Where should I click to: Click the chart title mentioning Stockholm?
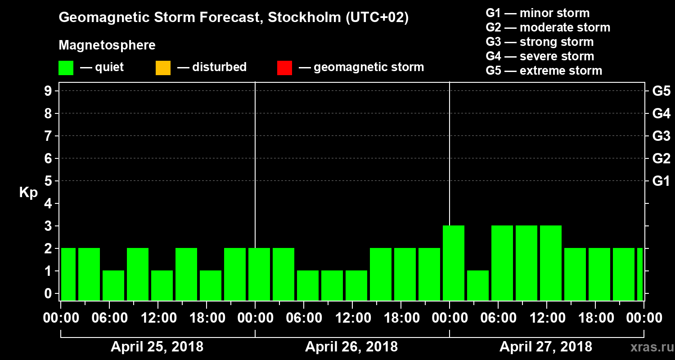pyautogui.click(x=234, y=18)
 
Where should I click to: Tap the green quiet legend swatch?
pyautogui.click(x=66, y=68)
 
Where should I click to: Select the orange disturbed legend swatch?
pyautogui.click(x=163, y=68)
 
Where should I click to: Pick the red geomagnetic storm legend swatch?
pyautogui.click(x=284, y=68)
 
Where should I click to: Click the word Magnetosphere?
pyautogui.click(x=107, y=45)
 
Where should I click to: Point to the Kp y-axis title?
pyautogui.click(x=28, y=192)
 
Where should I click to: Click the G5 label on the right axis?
pyautogui.click(x=661, y=91)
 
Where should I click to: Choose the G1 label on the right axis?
pyautogui.click(x=661, y=181)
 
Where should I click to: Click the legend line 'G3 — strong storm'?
pyautogui.click(x=540, y=42)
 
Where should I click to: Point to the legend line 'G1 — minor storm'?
pyautogui.click(x=537, y=13)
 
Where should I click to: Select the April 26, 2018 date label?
pyautogui.click(x=351, y=347)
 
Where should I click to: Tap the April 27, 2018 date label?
pyautogui.click(x=546, y=347)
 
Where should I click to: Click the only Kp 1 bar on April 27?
pyautogui.click(x=478, y=285)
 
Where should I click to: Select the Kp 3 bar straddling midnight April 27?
pyautogui.click(x=454, y=263)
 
